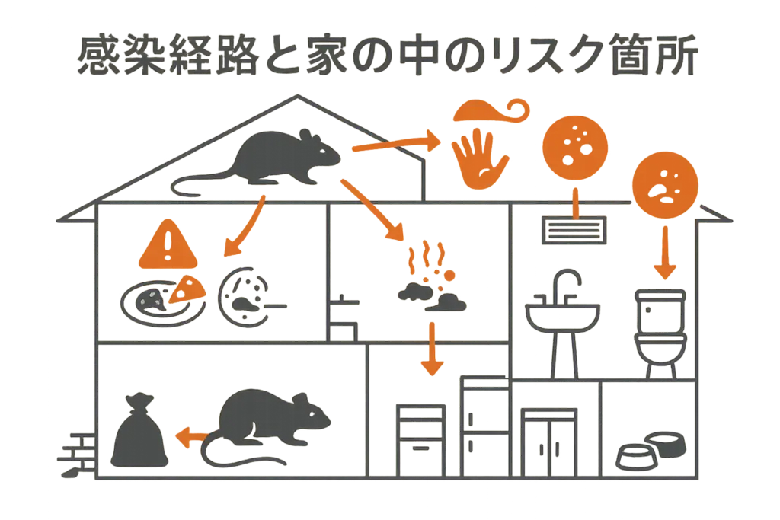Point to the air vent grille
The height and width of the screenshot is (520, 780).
pos(574,230)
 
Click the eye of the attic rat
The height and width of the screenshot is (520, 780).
pos(322,151)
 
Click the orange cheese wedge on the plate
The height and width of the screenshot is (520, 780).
pos(187,289)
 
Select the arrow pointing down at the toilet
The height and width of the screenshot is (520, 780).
pos(664,253)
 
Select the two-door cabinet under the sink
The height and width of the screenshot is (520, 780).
pos(549,442)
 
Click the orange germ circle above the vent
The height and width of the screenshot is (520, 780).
pos(575,143)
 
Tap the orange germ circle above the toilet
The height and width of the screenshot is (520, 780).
pos(665,186)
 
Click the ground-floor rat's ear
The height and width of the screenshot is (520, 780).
pos(299,400)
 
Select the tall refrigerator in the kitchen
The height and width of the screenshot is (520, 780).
pos(485,426)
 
